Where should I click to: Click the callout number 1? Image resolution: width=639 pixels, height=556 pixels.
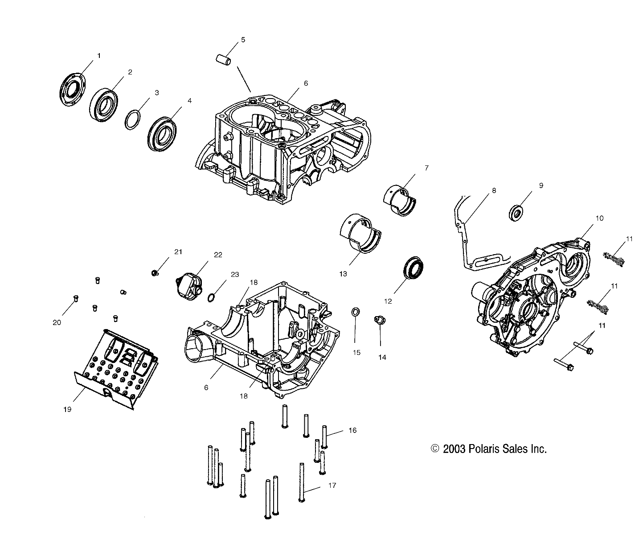(98, 56)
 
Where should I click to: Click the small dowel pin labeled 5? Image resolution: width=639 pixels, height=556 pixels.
(223, 59)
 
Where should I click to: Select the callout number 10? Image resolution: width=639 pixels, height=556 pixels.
(599, 218)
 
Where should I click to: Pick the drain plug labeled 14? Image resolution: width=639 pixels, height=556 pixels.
(380, 320)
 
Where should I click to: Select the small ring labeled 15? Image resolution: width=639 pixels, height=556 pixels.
(356, 312)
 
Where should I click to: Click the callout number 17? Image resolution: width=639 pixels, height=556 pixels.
(332, 485)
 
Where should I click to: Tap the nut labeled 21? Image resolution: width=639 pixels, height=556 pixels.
(155, 272)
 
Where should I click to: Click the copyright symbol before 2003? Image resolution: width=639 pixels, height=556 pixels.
(435, 449)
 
